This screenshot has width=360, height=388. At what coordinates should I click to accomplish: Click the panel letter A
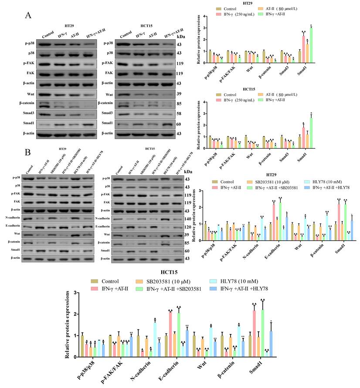pyautogui.click(x=28, y=15)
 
